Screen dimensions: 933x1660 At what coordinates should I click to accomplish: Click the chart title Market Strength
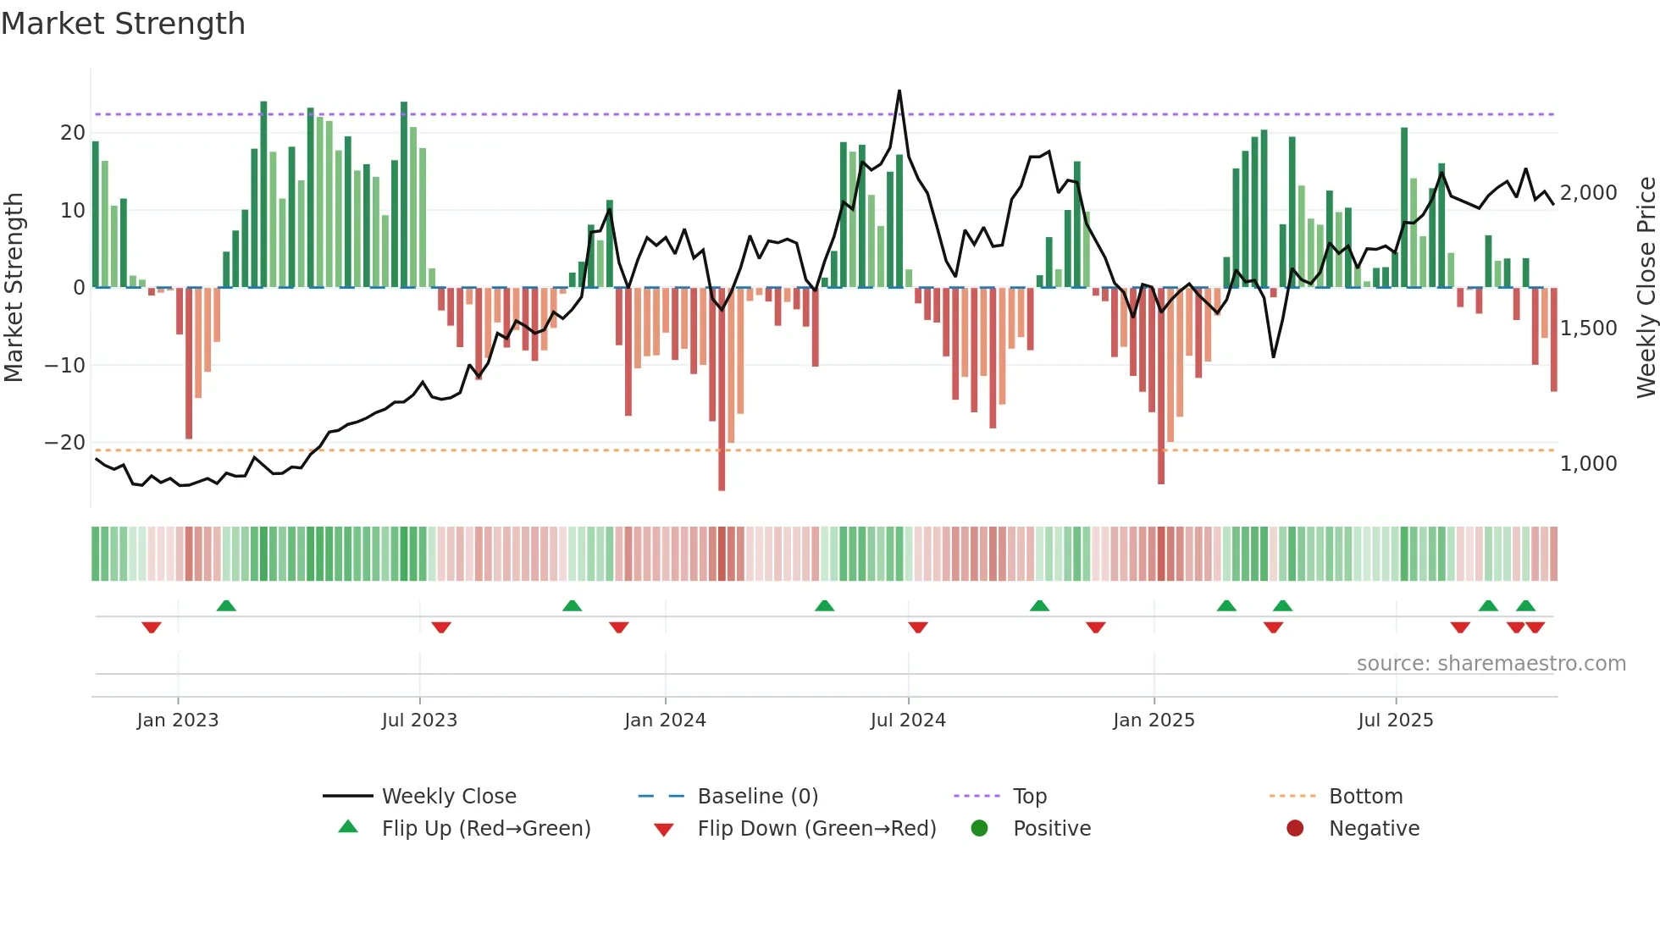123,24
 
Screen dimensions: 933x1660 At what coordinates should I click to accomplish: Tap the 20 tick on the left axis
72,133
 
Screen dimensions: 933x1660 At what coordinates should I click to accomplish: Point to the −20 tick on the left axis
65,443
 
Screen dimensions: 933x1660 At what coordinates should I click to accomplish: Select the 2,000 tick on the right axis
1588,193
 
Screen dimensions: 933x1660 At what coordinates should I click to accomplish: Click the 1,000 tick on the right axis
1588,464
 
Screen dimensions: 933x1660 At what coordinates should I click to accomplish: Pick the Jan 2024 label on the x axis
665,720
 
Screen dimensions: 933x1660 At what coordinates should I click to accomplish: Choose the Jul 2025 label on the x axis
1395,720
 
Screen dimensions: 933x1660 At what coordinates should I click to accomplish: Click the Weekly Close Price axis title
1646,288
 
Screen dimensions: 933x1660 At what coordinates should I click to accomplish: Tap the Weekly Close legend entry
448,797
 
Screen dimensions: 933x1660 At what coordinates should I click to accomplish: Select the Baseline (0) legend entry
757,797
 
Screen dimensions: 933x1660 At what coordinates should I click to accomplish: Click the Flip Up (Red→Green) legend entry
485,829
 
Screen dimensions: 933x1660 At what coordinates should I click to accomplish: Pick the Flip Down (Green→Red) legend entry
816,829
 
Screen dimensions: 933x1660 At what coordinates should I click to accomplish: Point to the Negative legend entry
1373,829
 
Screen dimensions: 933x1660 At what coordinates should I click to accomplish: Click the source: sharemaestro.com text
1491,664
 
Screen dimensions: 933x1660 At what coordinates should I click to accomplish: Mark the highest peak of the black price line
899,91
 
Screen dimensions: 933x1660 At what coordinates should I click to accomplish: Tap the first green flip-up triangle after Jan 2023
226,606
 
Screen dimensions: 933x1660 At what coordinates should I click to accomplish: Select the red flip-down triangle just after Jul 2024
918,627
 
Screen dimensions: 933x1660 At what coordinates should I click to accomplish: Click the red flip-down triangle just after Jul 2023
441,627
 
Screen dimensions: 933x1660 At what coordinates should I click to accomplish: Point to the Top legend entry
1029,797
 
